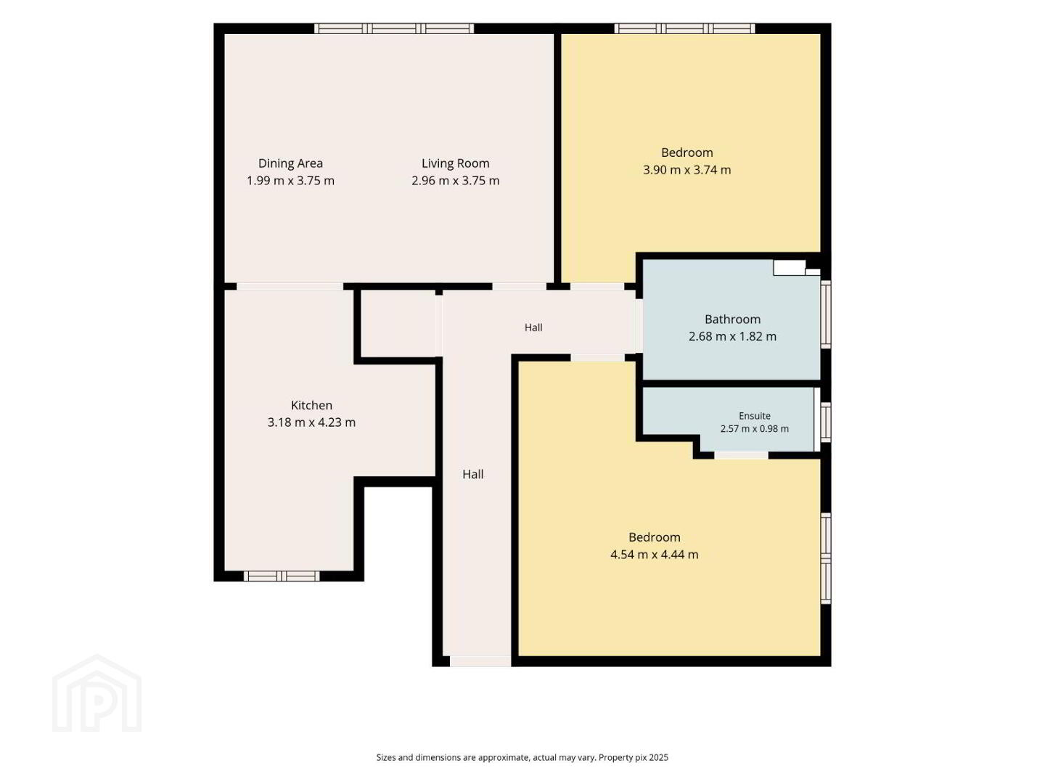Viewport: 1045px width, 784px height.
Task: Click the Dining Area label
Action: click(x=290, y=163)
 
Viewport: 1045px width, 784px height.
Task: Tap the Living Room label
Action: click(x=455, y=163)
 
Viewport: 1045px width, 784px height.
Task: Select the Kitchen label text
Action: click(x=311, y=405)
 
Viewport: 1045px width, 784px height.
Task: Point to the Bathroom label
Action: click(x=732, y=319)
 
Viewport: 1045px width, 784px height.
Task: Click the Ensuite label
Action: click(x=755, y=415)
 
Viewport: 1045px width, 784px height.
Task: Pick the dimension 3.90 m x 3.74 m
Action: click(x=687, y=170)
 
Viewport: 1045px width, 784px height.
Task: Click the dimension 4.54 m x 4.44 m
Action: click(x=654, y=555)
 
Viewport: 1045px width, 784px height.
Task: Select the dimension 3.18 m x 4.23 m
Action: click(x=311, y=422)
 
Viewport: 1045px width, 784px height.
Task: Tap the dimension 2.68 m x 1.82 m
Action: click(x=732, y=337)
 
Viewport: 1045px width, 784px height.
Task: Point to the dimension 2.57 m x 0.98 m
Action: click(x=755, y=428)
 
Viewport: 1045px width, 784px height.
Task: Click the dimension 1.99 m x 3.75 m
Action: click(x=290, y=181)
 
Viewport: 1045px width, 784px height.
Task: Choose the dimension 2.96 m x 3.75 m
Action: click(x=455, y=181)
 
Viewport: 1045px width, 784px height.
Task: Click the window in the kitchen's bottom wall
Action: click(x=282, y=576)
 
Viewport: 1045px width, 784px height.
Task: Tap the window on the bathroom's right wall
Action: click(x=826, y=314)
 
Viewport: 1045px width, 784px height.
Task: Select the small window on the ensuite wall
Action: click(x=826, y=422)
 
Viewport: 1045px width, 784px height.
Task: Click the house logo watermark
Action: click(x=97, y=693)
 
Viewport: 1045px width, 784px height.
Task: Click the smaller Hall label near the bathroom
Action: click(x=533, y=327)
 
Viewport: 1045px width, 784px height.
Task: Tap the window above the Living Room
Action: click(x=394, y=28)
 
